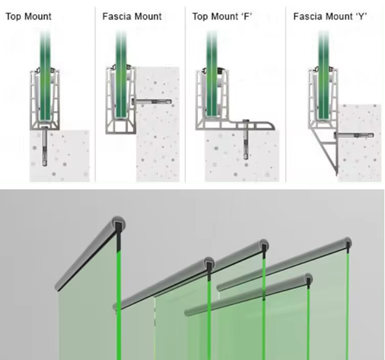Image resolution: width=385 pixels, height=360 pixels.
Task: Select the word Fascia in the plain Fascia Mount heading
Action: click(x=116, y=16)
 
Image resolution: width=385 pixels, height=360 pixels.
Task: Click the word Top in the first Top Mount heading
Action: click(x=13, y=16)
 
